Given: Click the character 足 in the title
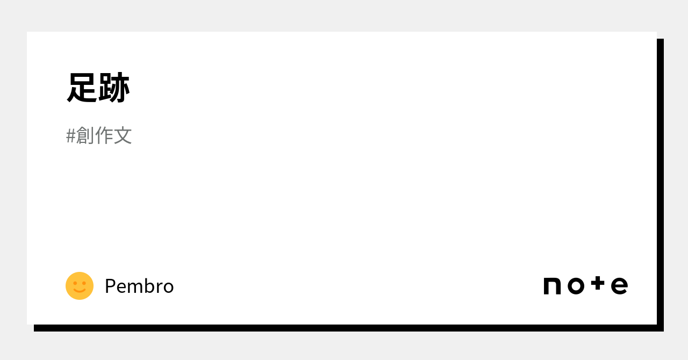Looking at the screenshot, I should (x=82, y=88).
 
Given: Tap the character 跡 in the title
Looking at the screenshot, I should (x=114, y=88).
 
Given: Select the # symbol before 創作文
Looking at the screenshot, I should (x=70, y=136).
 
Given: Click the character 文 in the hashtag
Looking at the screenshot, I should (x=123, y=135).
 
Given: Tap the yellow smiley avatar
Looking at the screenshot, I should (x=80, y=286).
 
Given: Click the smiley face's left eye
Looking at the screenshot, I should (x=75, y=283).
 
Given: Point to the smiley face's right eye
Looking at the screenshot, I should (x=84, y=283).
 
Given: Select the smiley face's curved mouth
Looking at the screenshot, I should (x=80, y=291).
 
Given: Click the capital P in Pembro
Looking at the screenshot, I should (x=110, y=286).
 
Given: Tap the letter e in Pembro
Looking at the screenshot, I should (x=121, y=287).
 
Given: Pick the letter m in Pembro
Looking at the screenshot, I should (x=135, y=287).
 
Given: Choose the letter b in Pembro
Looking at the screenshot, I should (x=149, y=286).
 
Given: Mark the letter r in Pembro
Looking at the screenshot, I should (x=159, y=287).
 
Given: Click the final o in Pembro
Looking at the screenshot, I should (x=168, y=287).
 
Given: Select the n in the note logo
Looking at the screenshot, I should (x=552, y=286).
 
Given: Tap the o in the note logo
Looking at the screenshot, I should (x=576, y=286).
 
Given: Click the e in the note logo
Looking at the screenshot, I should (x=619, y=286).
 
